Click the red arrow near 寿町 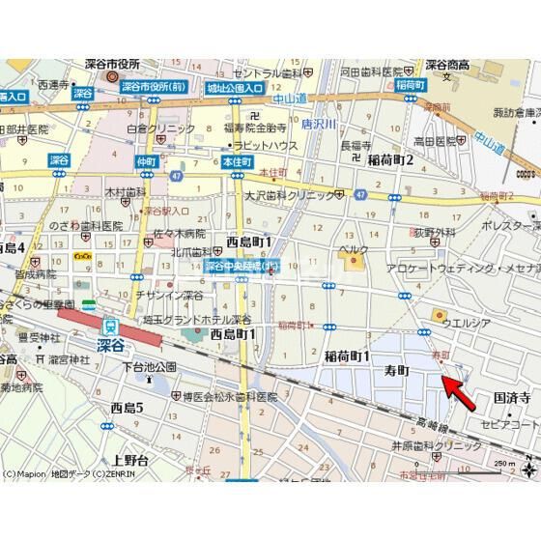point(460,390)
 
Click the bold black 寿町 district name point(397,370)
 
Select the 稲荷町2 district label point(384,158)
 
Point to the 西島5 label point(127,408)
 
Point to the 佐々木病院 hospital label point(180,233)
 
